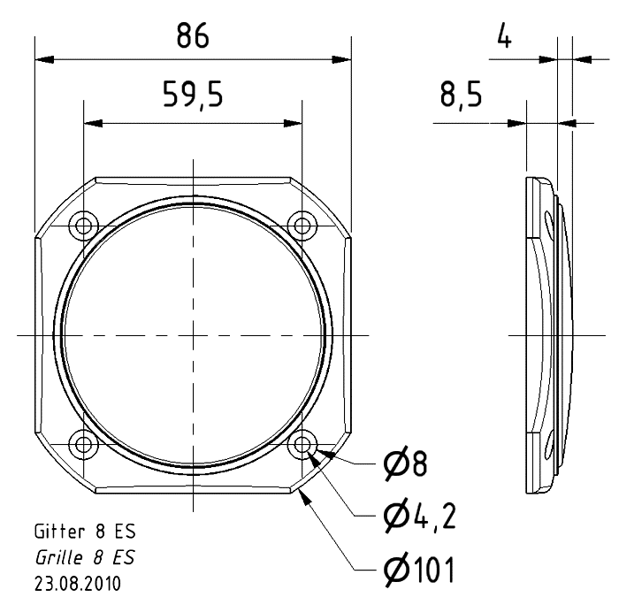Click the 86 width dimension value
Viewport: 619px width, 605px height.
click(x=193, y=35)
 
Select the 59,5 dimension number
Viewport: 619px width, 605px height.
click(x=193, y=95)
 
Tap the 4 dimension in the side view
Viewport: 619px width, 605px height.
click(x=504, y=35)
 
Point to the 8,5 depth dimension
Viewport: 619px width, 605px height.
click(x=461, y=95)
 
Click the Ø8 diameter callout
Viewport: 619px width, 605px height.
click(x=405, y=465)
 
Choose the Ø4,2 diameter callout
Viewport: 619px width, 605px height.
click(x=420, y=517)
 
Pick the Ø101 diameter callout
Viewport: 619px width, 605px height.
click(x=419, y=570)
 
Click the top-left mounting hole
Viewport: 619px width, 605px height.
click(x=84, y=226)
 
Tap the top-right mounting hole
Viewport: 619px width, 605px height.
click(x=302, y=226)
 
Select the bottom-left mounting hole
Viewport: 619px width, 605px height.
click(x=84, y=444)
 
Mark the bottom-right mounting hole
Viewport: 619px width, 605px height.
click(x=302, y=444)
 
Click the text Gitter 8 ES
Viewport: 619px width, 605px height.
click(x=85, y=532)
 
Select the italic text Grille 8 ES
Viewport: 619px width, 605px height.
click(x=85, y=557)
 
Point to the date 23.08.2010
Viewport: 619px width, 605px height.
click(x=78, y=584)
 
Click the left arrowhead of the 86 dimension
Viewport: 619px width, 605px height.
click(x=44, y=59)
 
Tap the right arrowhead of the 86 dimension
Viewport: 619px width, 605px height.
click(x=341, y=59)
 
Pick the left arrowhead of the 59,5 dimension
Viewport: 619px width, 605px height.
click(x=93, y=123)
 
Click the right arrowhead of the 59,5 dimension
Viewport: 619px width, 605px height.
click(x=293, y=123)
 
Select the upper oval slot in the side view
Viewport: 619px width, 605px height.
click(x=549, y=224)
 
